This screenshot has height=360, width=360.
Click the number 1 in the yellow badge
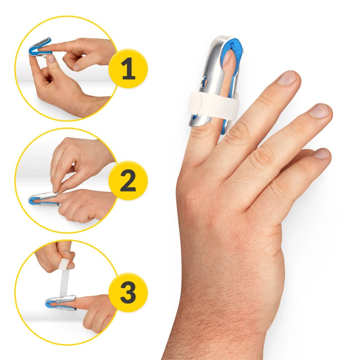click(x=129, y=68)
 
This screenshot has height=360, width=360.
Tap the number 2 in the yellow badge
click(x=128, y=181)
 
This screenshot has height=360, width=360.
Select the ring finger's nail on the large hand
click(x=319, y=111)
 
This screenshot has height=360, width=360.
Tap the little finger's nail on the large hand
click(x=321, y=153)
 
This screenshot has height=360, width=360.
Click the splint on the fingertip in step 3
click(x=61, y=303)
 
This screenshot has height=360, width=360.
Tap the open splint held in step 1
click(x=40, y=48)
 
